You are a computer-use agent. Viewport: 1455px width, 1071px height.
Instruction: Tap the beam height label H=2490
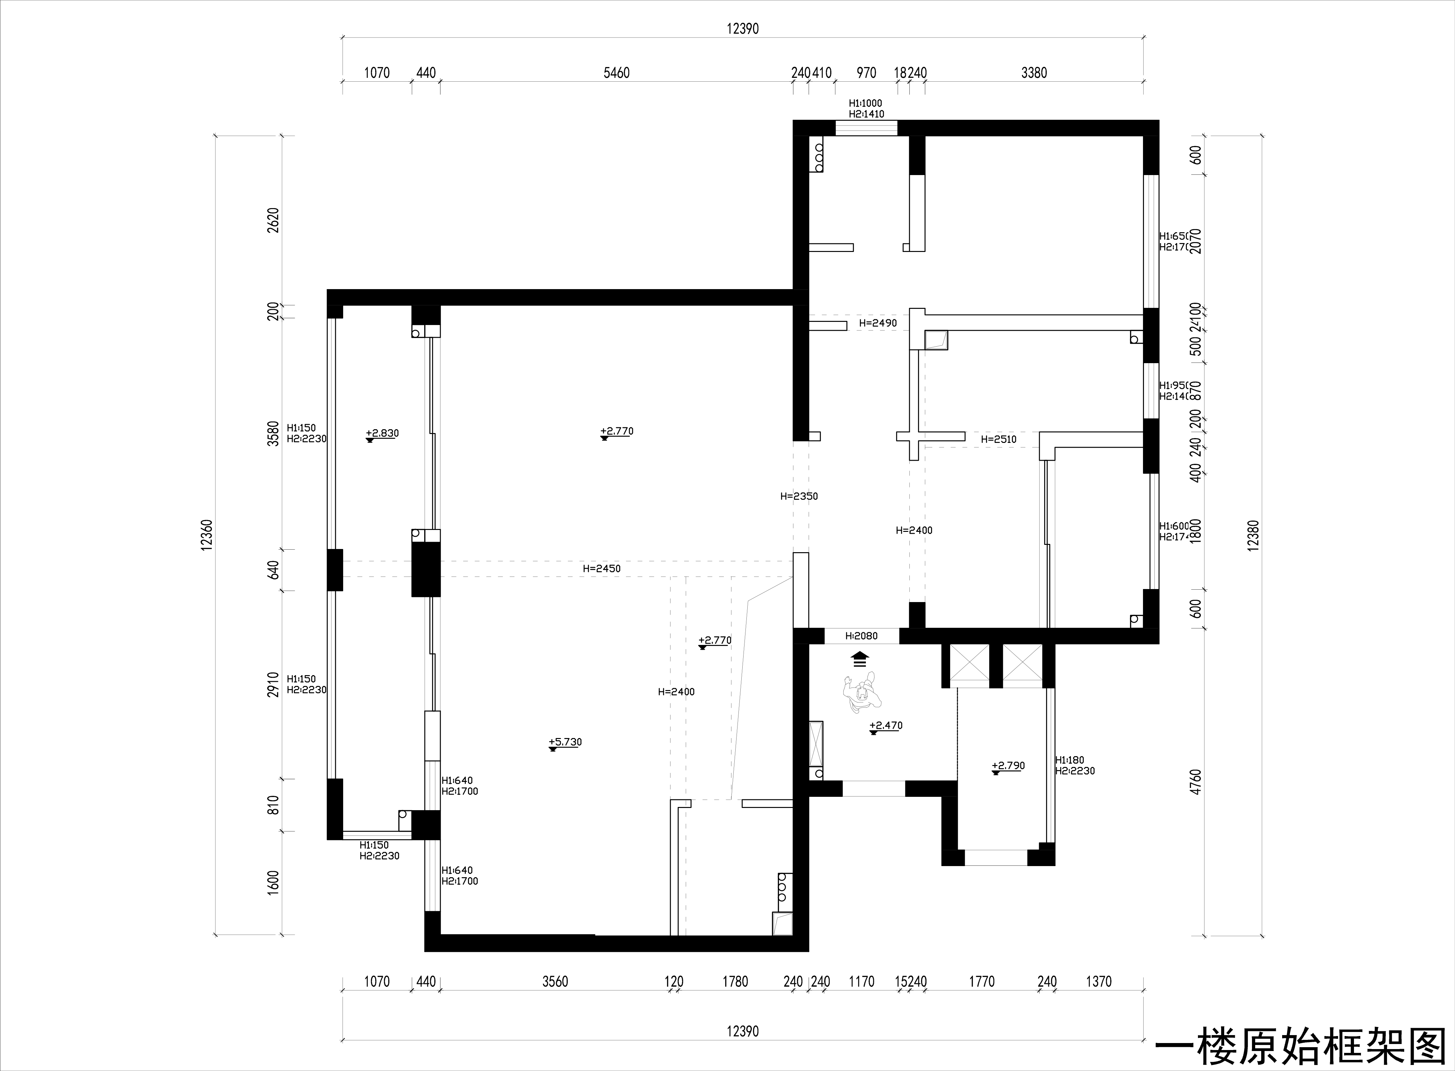[x=878, y=323]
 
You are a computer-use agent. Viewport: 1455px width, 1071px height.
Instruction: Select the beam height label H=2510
[x=998, y=439]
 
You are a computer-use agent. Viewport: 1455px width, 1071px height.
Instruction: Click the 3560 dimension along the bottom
[x=555, y=981]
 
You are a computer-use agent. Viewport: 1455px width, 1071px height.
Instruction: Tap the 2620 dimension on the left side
[x=273, y=220]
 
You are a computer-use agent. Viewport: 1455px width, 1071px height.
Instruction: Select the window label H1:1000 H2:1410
[x=866, y=108]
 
